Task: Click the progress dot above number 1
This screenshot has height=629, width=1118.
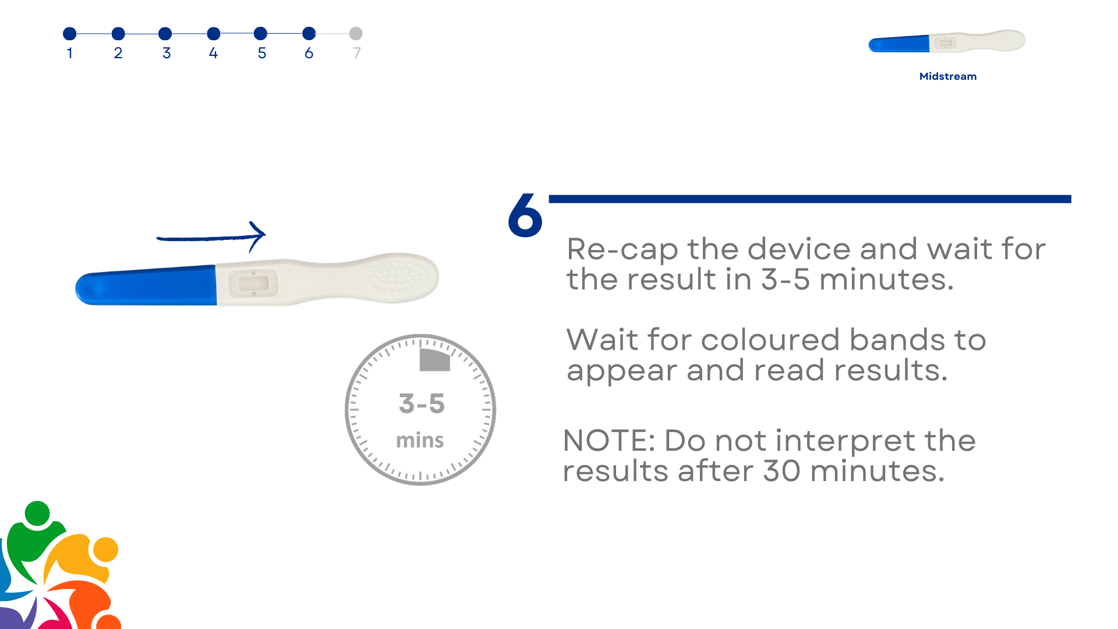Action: tap(70, 34)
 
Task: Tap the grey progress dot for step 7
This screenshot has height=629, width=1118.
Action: tap(356, 34)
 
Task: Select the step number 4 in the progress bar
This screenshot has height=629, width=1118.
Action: tap(213, 53)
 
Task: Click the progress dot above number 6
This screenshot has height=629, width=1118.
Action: tap(309, 34)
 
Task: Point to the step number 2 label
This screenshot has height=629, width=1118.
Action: tap(118, 53)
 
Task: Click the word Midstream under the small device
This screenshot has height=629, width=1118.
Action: tap(948, 76)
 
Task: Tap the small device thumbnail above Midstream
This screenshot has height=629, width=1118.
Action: tap(947, 41)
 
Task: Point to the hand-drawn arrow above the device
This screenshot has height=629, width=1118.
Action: tap(211, 237)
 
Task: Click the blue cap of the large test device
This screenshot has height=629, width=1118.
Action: tap(146, 285)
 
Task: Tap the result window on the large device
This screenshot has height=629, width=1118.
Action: tap(254, 284)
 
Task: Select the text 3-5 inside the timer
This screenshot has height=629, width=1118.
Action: tap(422, 404)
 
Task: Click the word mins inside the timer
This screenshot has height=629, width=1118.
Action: tap(420, 440)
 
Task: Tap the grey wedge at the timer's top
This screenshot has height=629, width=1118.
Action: tap(434, 360)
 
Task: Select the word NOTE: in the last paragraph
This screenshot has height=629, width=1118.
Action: tap(609, 440)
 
